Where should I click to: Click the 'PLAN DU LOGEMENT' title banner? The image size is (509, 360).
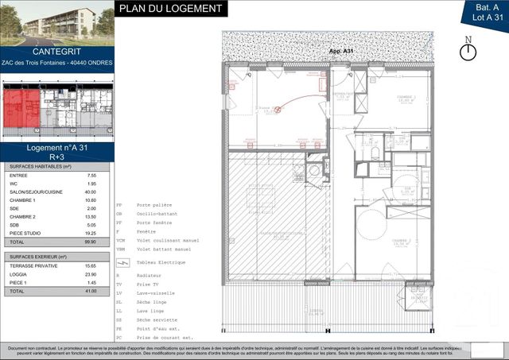(x=171, y=9)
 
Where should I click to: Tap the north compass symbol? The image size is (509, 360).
(x=468, y=49)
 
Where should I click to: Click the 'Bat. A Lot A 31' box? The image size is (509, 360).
(x=484, y=11)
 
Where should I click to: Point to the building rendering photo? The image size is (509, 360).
(x=56, y=21)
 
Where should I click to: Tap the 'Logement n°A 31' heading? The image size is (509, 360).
(x=56, y=148)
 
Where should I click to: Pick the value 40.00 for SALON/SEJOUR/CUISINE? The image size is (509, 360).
(x=91, y=192)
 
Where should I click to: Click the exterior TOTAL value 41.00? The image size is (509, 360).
(x=91, y=292)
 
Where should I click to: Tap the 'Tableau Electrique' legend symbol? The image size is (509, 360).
(x=122, y=261)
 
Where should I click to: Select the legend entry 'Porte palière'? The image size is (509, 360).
(x=153, y=203)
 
